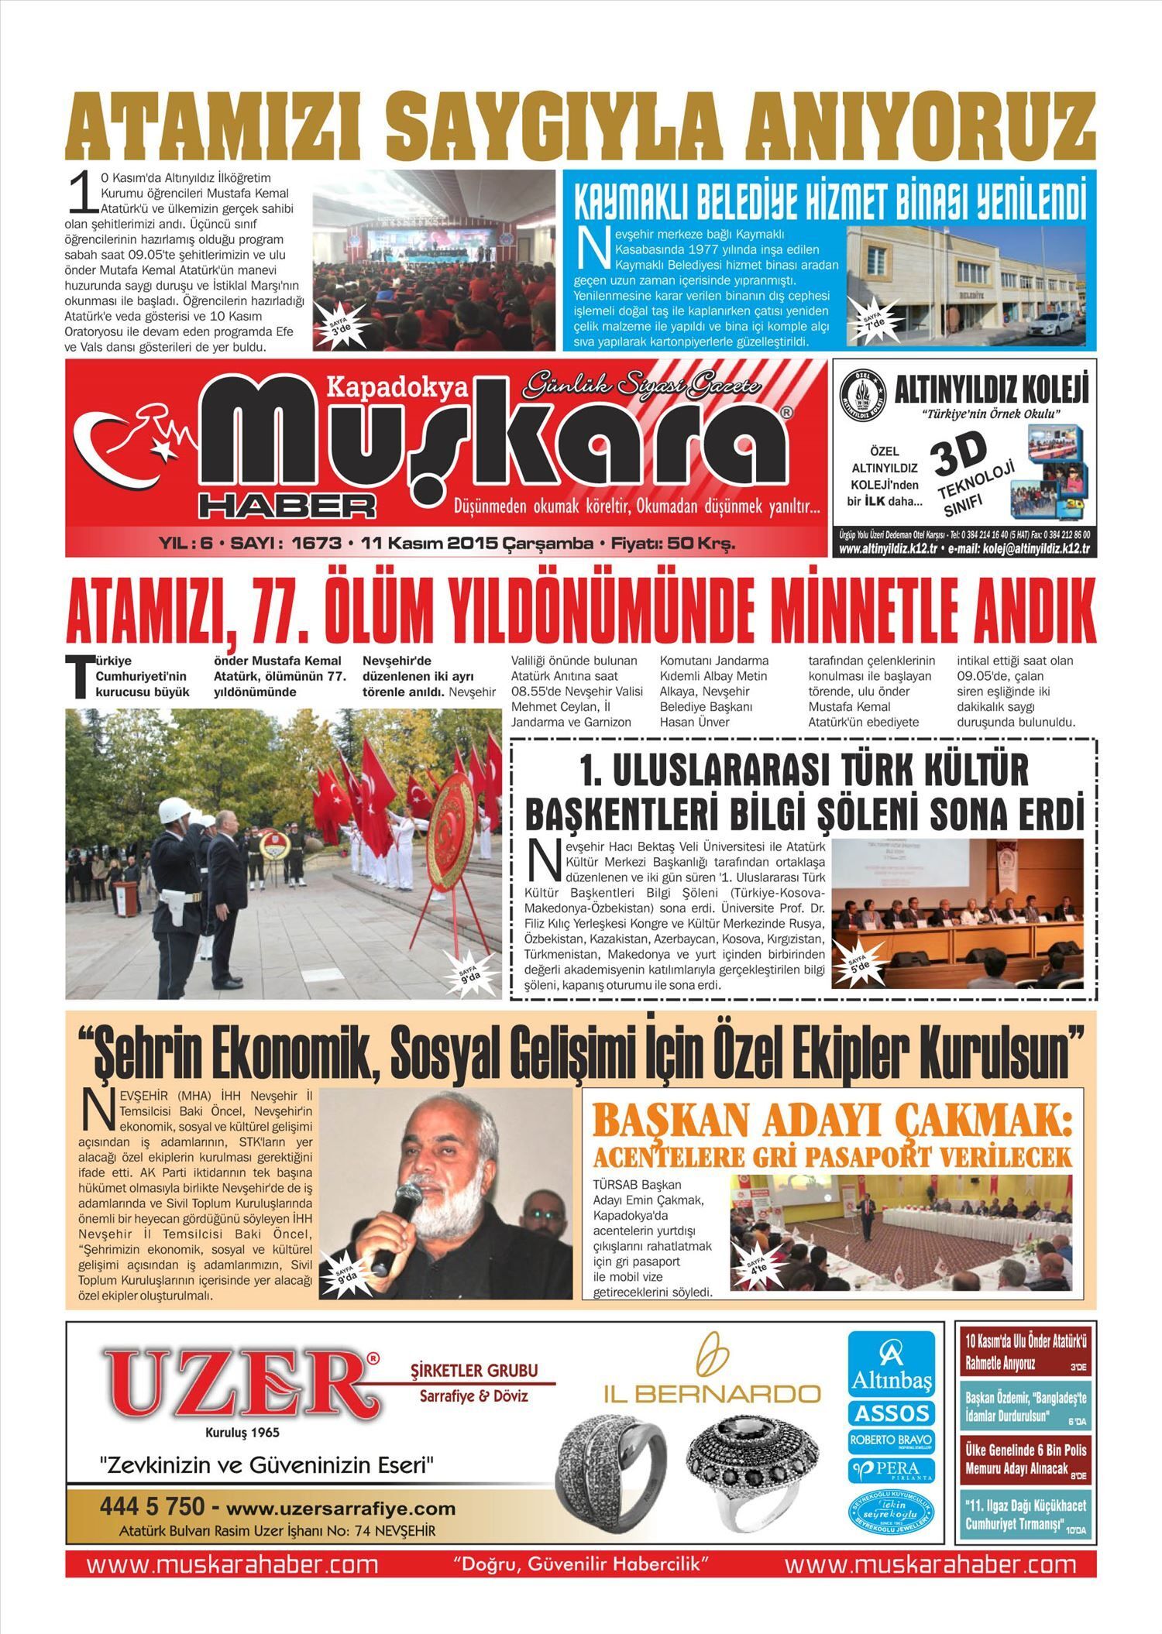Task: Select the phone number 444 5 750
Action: pos(152,1507)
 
